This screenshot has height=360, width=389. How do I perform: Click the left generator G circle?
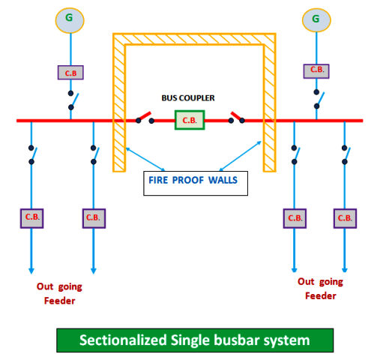(x=70, y=19)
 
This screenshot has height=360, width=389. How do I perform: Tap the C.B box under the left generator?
(x=70, y=72)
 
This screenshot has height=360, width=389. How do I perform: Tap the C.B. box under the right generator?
(x=316, y=70)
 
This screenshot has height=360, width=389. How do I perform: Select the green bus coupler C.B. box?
(x=190, y=119)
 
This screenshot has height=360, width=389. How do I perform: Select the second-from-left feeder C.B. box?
(x=94, y=217)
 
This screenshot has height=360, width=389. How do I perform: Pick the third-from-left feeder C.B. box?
(x=294, y=218)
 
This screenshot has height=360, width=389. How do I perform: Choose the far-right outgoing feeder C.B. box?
(x=345, y=218)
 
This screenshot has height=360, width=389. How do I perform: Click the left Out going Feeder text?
(x=59, y=293)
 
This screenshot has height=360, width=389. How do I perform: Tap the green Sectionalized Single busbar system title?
(x=194, y=340)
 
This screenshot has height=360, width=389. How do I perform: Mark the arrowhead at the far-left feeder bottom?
(x=31, y=270)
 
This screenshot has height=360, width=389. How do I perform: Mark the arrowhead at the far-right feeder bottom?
(x=345, y=268)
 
